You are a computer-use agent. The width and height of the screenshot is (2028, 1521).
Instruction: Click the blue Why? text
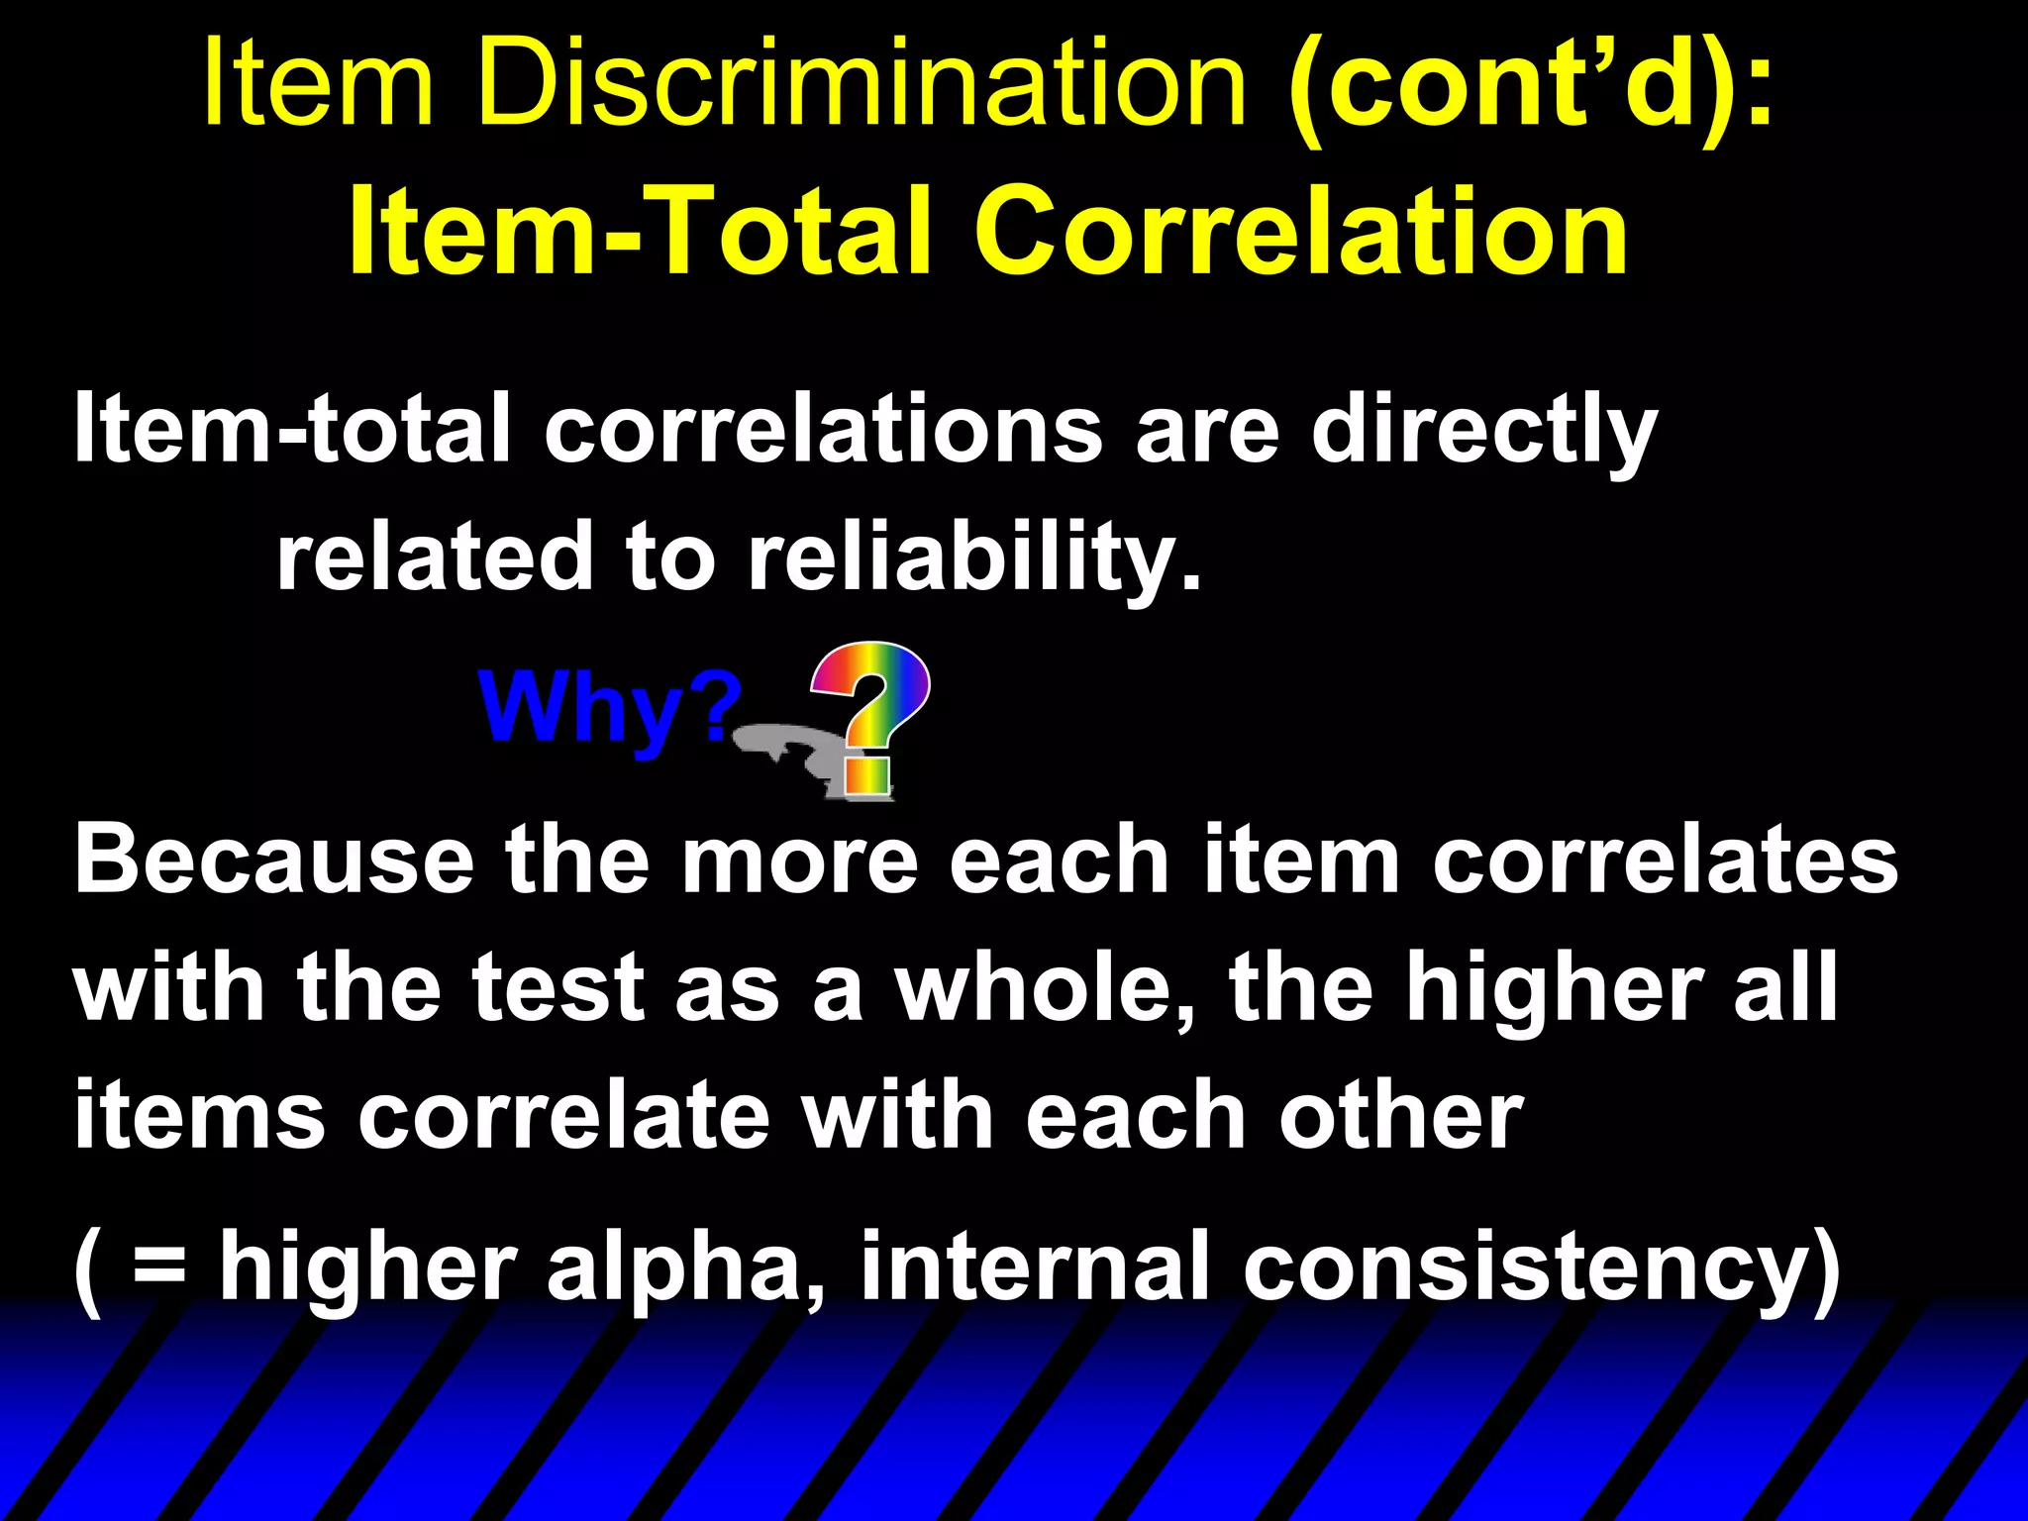point(610,706)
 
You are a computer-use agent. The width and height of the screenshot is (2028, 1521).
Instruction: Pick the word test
point(555,987)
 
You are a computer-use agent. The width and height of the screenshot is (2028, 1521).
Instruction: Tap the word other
point(1400,1116)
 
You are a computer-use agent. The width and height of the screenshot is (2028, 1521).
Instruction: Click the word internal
point(1035,1266)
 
